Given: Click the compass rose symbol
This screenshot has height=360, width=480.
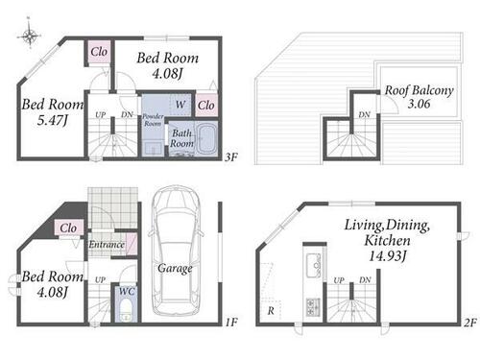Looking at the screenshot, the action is click(29, 35).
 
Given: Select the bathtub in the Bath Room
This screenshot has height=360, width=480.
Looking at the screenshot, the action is click(206, 138).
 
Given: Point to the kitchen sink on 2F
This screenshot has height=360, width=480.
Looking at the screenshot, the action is click(313, 265).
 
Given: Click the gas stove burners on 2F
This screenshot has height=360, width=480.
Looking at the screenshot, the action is click(313, 306).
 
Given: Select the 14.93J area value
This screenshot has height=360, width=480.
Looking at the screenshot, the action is click(388, 255).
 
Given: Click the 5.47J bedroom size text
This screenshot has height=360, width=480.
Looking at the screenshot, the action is click(53, 120).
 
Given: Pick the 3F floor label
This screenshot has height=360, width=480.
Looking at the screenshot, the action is click(231, 157).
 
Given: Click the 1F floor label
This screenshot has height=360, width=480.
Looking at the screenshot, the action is click(231, 322).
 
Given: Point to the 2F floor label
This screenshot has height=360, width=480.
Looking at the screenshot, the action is click(470, 323).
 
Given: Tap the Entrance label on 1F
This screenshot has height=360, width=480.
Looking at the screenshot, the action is click(107, 245).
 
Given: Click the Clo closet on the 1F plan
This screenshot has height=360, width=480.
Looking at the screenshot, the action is click(68, 228).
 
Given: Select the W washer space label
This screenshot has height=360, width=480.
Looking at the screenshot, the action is click(180, 105).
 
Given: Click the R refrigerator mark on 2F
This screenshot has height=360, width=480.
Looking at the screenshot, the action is click(271, 310).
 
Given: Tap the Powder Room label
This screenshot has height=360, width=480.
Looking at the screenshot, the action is click(153, 120).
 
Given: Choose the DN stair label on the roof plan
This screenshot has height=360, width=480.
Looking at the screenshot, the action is click(364, 114).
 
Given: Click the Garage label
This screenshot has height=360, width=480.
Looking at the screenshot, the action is click(175, 269).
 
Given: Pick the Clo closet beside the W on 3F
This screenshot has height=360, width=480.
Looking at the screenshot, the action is click(206, 105).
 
